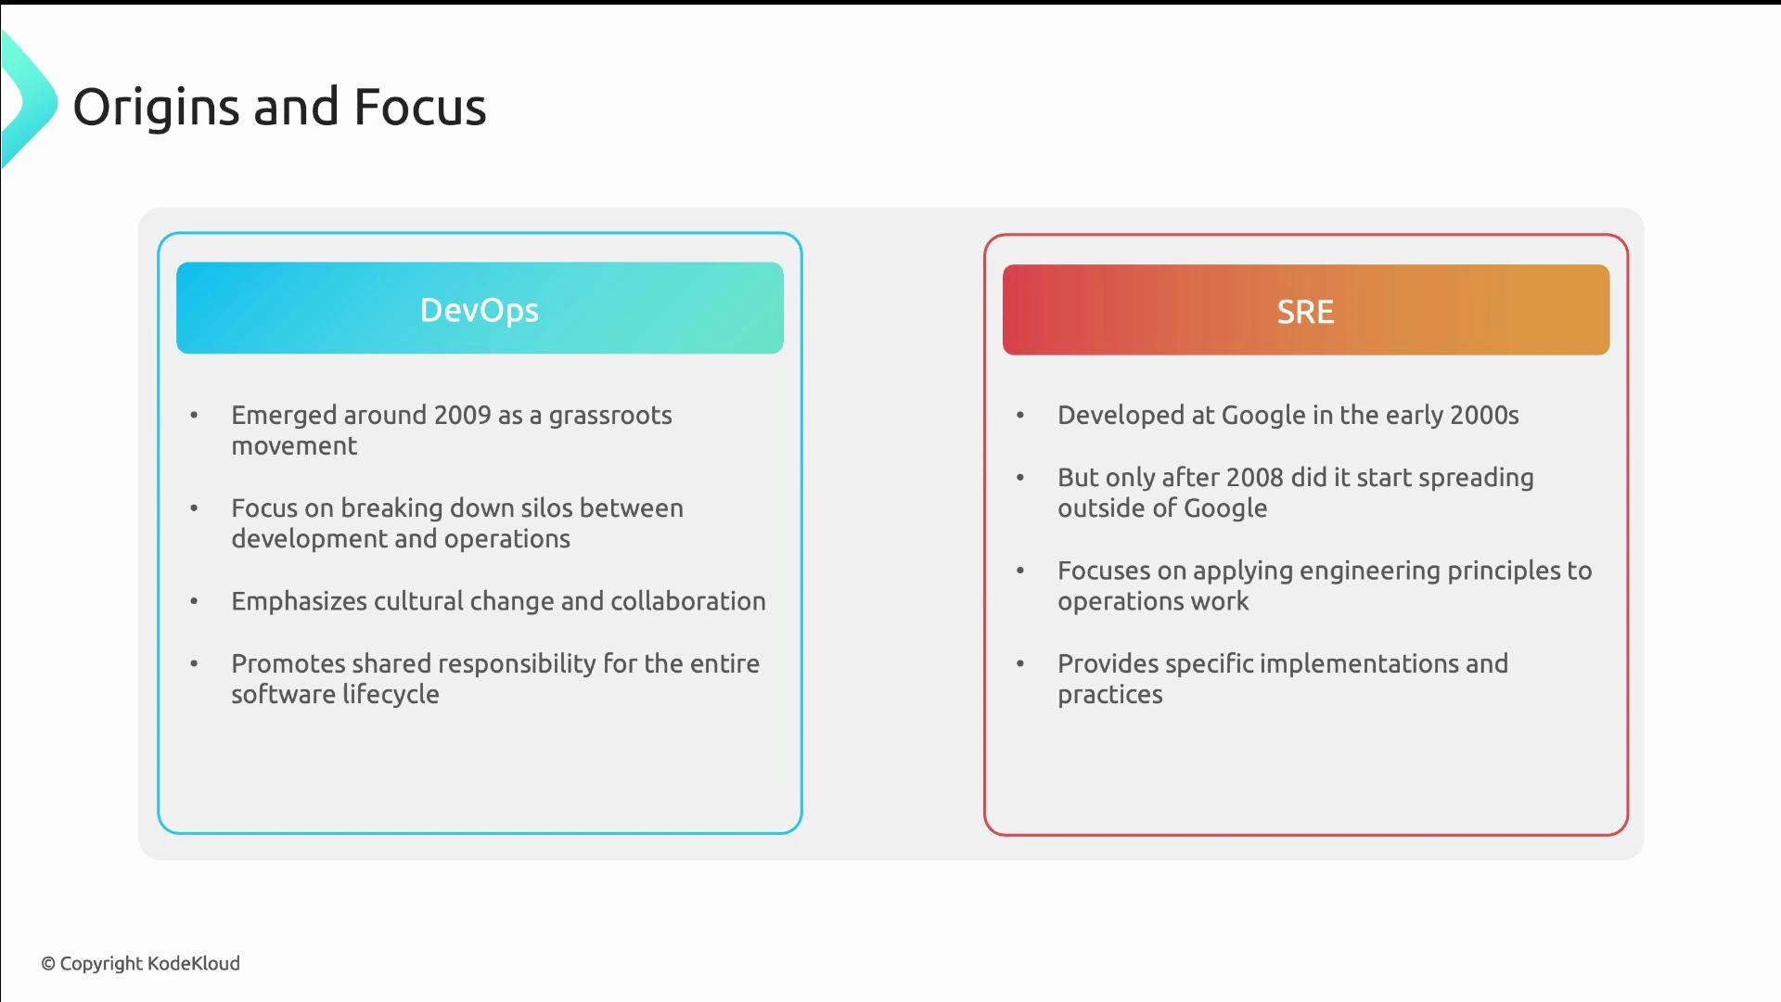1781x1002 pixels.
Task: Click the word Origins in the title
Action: click(x=156, y=108)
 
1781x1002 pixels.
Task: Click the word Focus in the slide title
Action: click(x=419, y=108)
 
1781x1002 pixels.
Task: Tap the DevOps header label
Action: click(x=479, y=310)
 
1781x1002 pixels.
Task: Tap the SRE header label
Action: click(x=1305, y=312)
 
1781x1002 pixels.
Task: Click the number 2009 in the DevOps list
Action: click(x=462, y=415)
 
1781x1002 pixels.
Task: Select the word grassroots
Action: click(x=609, y=415)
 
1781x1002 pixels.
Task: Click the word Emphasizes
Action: click(x=299, y=601)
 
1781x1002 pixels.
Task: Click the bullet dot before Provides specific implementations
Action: click(x=1019, y=663)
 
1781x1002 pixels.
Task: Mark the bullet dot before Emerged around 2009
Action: click(x=194, y=415)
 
